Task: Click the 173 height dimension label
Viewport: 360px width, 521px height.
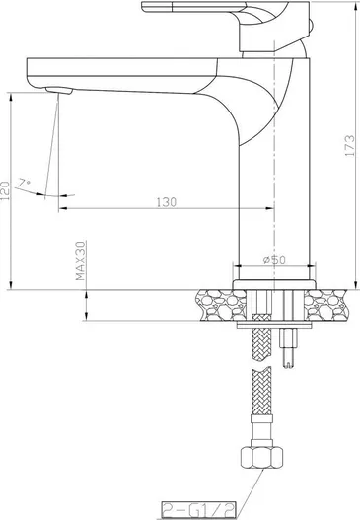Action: pos(349,145)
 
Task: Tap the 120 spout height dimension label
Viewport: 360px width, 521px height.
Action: pos(6,190)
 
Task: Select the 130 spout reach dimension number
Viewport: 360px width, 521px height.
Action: pos(167,202)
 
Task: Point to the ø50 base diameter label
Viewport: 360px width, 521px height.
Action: pos(274,260)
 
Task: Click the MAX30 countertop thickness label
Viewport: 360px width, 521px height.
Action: pos(80,260)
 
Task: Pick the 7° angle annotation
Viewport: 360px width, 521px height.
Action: pos(25,184)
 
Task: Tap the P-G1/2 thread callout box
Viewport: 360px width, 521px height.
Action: pos(198,510)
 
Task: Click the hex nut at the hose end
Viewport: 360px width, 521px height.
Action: pos(261,457)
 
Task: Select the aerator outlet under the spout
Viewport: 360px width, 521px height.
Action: pos(59,91)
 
